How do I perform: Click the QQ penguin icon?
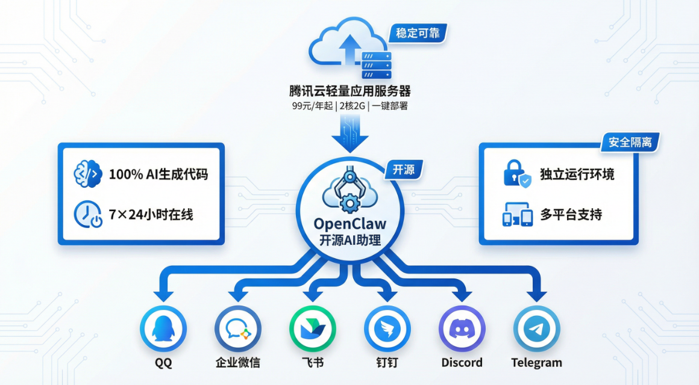(x=163, y=329)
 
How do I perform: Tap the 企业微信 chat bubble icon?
(x=237, y=329)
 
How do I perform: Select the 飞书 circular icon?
(x=312, y=329)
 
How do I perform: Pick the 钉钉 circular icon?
(x=387, y=329)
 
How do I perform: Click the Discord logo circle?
(x=462, y=329)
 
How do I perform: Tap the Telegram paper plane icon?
(x=536, y=329)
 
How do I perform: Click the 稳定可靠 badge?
(x=419, y=33)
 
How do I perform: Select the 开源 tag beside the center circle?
(x=404, y=170)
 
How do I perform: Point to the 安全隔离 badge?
(x=630, y=143)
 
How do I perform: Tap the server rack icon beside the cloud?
(x=376, y=65)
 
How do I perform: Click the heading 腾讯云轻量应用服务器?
(x=349, y=91)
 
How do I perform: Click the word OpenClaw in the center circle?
(x=349, y=224)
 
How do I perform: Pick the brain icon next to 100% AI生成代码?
(x=86, y=174)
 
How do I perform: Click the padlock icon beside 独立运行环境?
(x=516, y=174)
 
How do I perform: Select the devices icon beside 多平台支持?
(x=517, y=215)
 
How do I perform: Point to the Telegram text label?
(x=536, y=363)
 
